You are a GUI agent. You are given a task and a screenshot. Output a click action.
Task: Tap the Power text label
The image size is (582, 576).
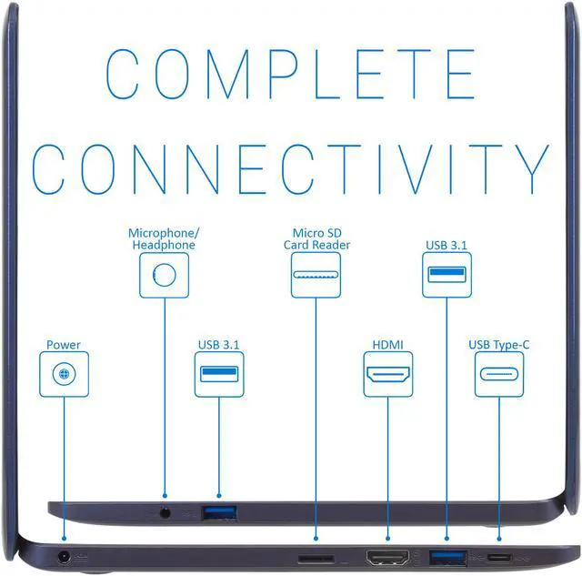pos(64,345)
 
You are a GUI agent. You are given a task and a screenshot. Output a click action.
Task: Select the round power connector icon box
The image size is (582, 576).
pos(65,374)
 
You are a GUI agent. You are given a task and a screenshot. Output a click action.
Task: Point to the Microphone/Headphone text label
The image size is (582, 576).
pos(163,239)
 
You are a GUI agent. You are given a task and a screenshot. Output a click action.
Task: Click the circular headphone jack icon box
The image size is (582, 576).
pos(164,276)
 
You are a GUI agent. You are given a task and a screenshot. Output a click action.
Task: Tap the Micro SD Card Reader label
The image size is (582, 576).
pos(316,239)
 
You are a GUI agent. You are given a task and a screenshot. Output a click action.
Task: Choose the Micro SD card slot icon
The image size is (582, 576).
pos(316,275)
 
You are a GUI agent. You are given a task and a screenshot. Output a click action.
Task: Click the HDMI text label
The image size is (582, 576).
pos(387,345)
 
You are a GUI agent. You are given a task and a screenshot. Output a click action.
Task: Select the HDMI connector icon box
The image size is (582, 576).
pos(387,374)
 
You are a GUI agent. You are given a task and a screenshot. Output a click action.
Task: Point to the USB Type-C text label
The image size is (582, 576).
pos(499,345)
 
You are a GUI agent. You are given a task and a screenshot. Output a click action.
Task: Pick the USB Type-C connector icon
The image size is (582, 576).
pos(499,374)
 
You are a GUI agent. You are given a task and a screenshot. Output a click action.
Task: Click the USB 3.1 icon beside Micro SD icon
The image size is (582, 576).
pos(447,275)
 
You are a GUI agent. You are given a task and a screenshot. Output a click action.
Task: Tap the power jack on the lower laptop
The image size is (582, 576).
pos(65,556)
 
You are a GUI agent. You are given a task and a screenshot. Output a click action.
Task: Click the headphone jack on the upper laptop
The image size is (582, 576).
pos(165,512)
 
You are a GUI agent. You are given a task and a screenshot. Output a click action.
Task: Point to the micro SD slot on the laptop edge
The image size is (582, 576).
pos(316,556)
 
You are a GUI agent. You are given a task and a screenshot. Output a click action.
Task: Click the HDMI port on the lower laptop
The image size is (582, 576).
pos(386,556)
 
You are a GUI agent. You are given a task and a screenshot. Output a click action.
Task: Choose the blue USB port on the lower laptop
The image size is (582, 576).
pos(447,556)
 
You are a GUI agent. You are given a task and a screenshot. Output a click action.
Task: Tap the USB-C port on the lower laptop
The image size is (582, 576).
pos(498,556)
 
